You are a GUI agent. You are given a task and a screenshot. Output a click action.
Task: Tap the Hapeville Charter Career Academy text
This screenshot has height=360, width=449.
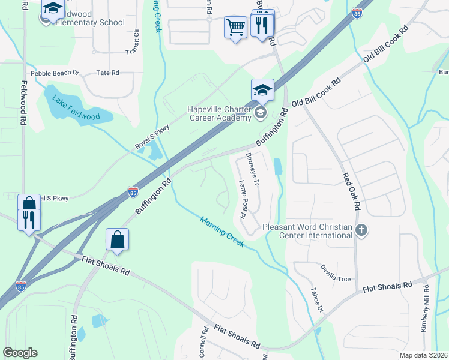[218, 113]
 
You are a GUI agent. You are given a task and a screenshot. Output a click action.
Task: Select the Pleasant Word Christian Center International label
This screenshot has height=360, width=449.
[307, 231]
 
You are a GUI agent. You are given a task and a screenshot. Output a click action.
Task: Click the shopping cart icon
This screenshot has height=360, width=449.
[235, 27]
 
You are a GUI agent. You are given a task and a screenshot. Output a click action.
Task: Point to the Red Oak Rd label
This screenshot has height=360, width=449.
[351, 191]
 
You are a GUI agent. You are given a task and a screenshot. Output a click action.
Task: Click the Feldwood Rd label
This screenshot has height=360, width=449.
[24, 103]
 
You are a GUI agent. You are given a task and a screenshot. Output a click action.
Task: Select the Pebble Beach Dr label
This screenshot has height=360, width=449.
[55, 73]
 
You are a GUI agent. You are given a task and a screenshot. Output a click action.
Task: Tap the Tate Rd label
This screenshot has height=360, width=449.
[108, 73]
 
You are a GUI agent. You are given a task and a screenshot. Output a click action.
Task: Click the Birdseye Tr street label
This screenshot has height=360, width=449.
[252, 169]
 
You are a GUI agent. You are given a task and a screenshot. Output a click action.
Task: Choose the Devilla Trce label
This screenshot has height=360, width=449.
[335, 274]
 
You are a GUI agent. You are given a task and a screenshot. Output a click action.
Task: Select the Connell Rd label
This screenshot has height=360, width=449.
[202, 344]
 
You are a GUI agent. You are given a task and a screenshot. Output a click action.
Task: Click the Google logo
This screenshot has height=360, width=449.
[20, 353]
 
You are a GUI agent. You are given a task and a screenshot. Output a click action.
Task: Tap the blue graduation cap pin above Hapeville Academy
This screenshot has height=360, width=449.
[262, 90]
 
